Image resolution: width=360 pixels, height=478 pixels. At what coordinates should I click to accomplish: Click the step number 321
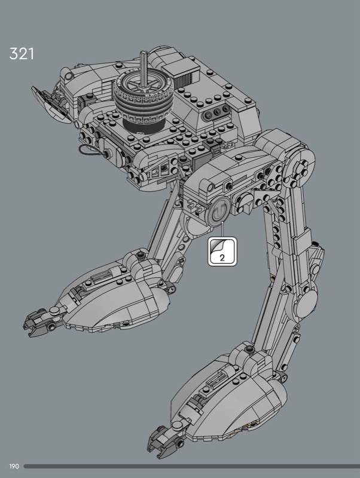22,54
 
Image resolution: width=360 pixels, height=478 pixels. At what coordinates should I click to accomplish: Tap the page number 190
14,467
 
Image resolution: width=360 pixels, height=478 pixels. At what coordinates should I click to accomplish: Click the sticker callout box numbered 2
222,252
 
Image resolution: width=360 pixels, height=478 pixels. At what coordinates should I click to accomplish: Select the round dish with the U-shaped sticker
219,212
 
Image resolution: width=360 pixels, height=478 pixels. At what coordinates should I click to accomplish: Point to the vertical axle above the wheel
144,69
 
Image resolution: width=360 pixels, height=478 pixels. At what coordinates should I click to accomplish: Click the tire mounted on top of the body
143,98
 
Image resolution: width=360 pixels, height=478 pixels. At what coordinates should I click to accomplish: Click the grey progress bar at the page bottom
191,467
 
